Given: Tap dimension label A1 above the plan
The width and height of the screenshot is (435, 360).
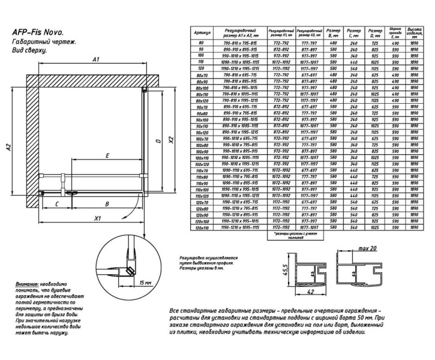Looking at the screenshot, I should [95, 59].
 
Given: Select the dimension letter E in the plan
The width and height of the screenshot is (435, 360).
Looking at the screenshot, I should [106, 156].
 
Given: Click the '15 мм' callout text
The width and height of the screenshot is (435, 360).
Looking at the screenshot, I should [144, 281].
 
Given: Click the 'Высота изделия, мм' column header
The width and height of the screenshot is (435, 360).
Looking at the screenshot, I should [413, 32].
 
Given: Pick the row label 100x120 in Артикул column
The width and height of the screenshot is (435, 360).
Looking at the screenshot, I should [201, 164].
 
